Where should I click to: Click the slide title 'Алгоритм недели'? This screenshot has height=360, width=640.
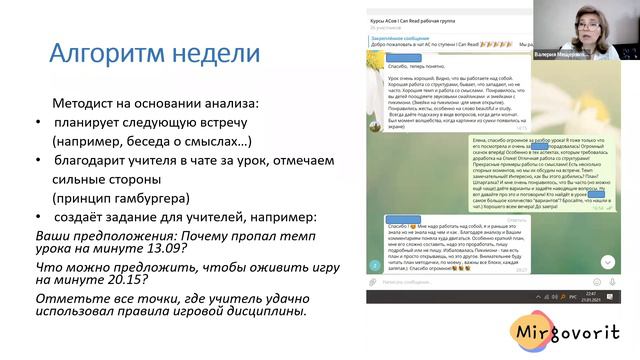coord(140,52)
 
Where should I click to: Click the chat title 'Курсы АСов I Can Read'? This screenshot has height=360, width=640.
coord(421,21)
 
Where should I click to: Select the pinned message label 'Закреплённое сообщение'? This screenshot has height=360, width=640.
coord(398,38)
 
